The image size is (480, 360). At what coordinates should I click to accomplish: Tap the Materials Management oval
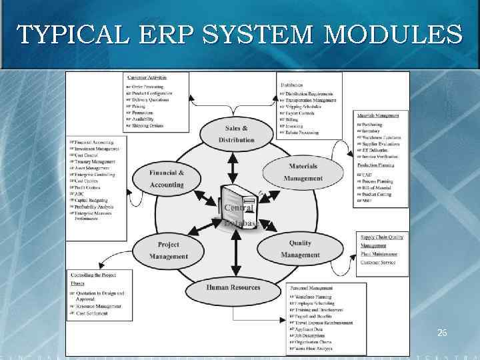303,172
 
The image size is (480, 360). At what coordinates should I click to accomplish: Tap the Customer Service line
378,262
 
